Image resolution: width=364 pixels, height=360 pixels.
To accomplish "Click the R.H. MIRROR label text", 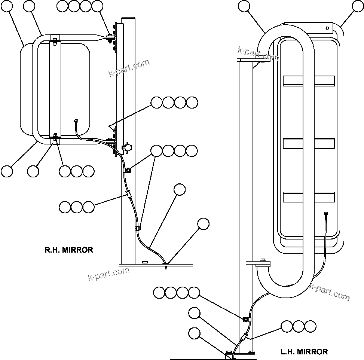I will (x=69, y=250).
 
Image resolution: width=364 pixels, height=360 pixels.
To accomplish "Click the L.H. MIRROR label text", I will (x=304, y=352).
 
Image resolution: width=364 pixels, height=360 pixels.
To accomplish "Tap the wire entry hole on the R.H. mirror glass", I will (x=76, y=121).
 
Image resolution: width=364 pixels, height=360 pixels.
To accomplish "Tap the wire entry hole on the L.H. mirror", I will (x=326, y=214).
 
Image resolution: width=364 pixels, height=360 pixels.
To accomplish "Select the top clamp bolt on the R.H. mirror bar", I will (x=55, y=39).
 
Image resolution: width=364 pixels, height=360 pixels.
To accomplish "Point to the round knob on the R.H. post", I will (x=128, y=148).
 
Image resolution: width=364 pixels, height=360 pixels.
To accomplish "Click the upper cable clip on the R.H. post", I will (x=127, y=170).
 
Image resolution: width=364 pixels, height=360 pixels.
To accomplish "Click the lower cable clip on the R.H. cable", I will (x=138, y=228).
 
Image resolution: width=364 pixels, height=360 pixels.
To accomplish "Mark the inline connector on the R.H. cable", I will (x=128, y=194).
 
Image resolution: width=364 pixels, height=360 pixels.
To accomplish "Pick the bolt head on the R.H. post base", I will (x=145, y=262).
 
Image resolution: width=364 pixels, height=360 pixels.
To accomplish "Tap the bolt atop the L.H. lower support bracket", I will (x=263, y=260).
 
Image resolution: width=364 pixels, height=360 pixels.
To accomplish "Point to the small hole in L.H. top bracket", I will (x=327, y=27).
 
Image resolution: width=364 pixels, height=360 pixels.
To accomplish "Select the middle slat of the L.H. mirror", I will (x=309, y=143).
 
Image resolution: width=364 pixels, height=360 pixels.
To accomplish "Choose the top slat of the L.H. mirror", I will (x=309, y=80).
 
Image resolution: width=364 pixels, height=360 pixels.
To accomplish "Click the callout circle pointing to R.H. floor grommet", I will (x=203, y=223).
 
